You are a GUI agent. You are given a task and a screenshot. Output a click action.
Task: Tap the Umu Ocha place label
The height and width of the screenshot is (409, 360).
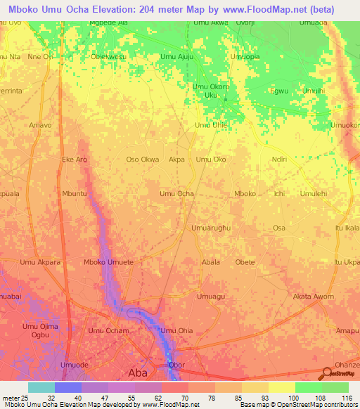(x=176, y=193)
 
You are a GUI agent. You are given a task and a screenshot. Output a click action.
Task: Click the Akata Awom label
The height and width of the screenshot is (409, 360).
(x=314, y=297)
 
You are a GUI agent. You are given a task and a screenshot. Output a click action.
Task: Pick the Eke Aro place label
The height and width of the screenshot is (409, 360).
(x=75, y=160)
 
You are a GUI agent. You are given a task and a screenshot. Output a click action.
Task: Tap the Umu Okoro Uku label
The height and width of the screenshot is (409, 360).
(x=211, y=91)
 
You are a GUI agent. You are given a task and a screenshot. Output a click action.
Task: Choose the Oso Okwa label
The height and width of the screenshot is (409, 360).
(x=142, y=160)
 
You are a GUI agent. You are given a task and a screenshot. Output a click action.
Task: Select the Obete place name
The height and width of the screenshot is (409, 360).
(x=245, y=262)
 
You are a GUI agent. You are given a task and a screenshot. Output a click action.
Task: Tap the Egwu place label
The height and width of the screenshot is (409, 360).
(x=280, y=91)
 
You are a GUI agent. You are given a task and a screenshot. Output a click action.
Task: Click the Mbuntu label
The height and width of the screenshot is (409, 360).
(x=75, y=193)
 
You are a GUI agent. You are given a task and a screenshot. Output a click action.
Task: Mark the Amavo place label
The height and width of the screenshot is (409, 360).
(x=40, y=125)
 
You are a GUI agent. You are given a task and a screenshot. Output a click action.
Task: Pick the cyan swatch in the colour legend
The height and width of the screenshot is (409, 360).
(x=41, y=387)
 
